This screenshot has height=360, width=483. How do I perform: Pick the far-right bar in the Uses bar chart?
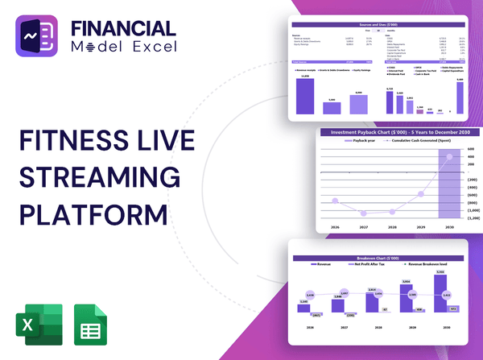coord(460,95)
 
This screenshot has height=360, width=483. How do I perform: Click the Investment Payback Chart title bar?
coord(394,131)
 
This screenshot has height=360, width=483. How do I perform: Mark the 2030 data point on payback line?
coord(447,155)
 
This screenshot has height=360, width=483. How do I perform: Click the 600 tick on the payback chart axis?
coord(472,149)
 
